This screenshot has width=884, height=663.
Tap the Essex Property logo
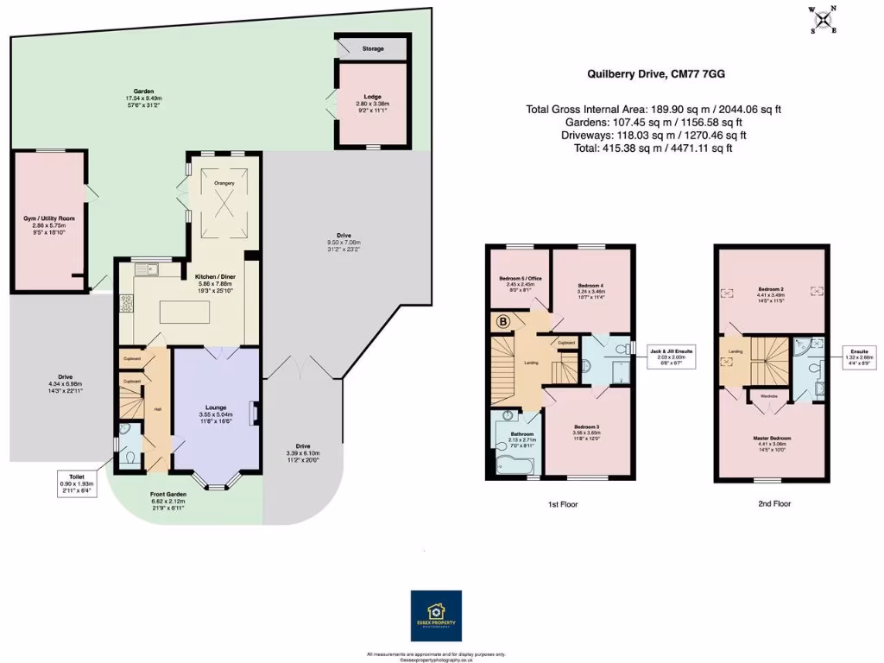[436, 616]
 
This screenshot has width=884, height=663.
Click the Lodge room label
[373, 98]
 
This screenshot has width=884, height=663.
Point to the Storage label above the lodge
[373, 48]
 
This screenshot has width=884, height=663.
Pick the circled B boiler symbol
[502, 323]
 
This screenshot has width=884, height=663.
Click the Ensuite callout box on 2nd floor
[859, 356]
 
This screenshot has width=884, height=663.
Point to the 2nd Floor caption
[773, 503]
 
